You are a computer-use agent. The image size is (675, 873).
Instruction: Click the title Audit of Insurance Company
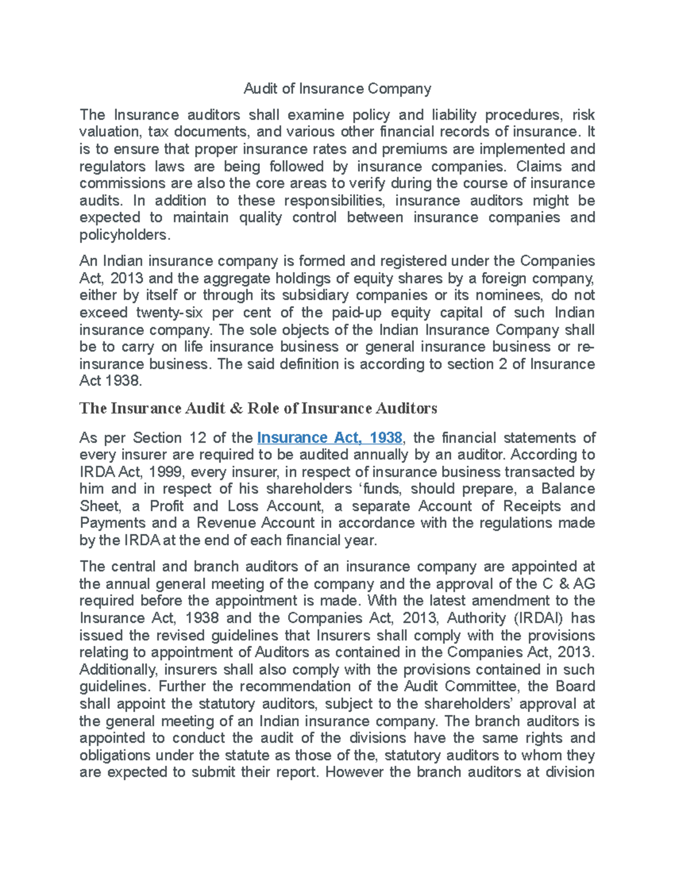pos(337,89)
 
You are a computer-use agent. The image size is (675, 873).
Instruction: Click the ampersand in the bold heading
pos(234,408)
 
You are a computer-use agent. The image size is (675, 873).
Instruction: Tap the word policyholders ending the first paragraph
pos(124,235)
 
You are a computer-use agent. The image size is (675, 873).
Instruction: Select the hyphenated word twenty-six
pos(169,313)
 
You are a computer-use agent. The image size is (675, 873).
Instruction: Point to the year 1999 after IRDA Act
pos(164,472)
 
